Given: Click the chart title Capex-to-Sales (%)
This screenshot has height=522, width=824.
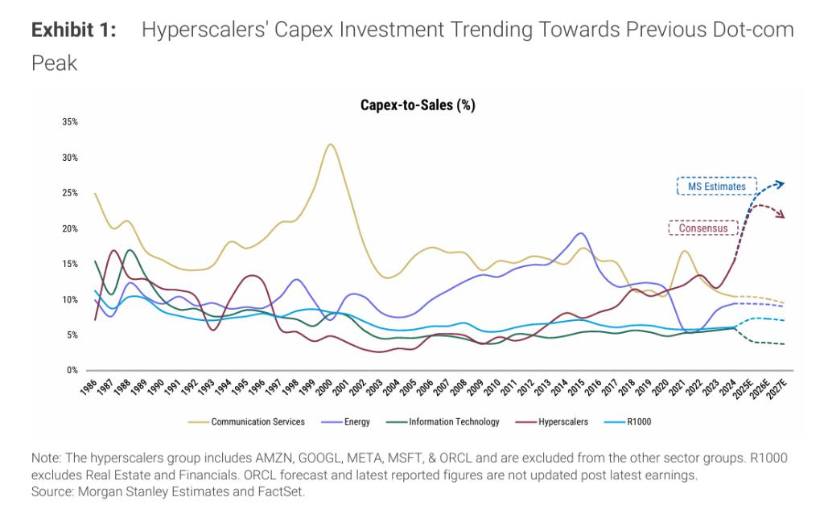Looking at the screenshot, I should [417, 105].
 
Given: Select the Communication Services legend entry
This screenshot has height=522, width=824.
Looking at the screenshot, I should [257, 421].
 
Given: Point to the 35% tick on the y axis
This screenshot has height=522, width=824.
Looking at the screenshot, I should [69, 122].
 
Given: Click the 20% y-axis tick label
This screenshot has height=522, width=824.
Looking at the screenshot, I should [69, 228].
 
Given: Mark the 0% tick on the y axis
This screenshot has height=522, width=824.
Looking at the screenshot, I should [72, 370].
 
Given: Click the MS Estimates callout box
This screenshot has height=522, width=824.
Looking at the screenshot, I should [716, 187].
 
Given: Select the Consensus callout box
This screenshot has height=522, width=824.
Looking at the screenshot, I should [702, 228].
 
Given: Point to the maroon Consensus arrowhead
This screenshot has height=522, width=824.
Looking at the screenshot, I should [781, 215].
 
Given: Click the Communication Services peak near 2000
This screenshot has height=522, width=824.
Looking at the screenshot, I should [330, 145].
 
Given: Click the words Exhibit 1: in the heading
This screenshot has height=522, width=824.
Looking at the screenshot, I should [74, 31].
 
